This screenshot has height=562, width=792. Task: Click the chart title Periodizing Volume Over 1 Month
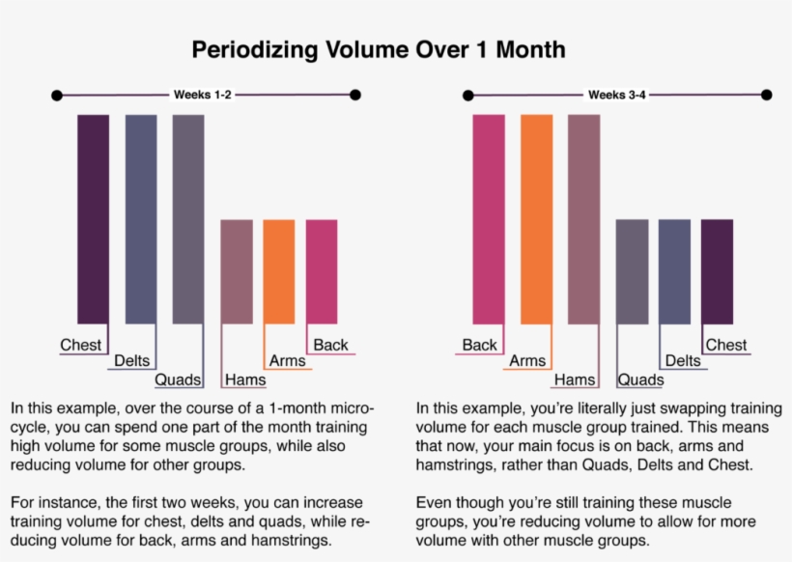pos(378,49)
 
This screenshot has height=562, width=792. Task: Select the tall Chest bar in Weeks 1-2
pos(94,219)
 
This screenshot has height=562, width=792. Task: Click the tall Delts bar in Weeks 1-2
pos(141,219)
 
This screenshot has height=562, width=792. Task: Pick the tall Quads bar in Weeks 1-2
pos(188,219)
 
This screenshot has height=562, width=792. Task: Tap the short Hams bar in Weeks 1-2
pos(237,271)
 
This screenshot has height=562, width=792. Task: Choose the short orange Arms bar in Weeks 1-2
pos(279,271)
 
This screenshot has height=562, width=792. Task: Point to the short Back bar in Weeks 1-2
pos(322,271)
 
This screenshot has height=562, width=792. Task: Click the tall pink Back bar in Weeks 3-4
pos(489,219)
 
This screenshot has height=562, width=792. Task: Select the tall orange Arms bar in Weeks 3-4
pos(537,219)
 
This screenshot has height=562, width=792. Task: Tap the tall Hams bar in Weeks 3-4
pos(584,219)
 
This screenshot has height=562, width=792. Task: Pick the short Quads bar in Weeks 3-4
pos(632,271)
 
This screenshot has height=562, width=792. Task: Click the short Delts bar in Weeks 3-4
pos(674,271)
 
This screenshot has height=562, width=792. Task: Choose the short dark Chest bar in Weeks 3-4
pos(717,271)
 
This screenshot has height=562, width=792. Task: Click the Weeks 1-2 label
pos(202,95)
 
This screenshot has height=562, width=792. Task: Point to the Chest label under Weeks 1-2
pos(80,345)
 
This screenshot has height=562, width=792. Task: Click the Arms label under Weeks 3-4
pos(527,361)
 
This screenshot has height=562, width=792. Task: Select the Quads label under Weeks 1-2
pos(178,379)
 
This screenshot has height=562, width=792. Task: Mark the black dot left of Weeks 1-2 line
pos(57,95)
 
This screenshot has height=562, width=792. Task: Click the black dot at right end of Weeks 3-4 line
pos(766,95)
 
